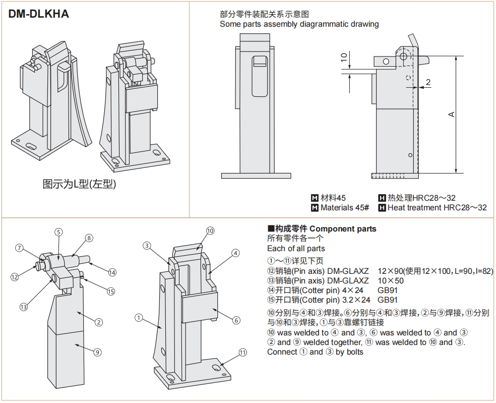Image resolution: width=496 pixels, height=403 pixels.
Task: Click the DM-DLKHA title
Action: click(39, 14)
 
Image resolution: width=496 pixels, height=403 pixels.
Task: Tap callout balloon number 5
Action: click(59, 232)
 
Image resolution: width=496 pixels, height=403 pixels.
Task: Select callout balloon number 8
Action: click(89, 238)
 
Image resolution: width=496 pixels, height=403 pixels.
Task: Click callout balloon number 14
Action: click(112, 272)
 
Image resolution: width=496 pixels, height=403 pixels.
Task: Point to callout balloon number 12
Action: click(15, 276)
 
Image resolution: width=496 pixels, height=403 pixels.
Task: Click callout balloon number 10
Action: click(210, 231)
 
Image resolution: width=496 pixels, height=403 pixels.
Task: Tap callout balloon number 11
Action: click(242, 353)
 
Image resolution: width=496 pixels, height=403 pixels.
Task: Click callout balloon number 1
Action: click(138, 317)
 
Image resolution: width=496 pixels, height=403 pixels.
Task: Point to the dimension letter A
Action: click(452, 114)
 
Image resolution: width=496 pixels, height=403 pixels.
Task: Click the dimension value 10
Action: click(344, 57)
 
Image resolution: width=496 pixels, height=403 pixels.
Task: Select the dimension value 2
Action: click(428, 82)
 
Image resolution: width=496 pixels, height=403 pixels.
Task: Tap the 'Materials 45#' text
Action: click(345, 208)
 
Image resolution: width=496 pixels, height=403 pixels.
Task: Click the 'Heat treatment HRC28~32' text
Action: click(437, 208)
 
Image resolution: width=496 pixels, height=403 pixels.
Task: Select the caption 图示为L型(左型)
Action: click(79, 184)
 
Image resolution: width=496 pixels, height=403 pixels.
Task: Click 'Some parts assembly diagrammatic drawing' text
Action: click(299, 24)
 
